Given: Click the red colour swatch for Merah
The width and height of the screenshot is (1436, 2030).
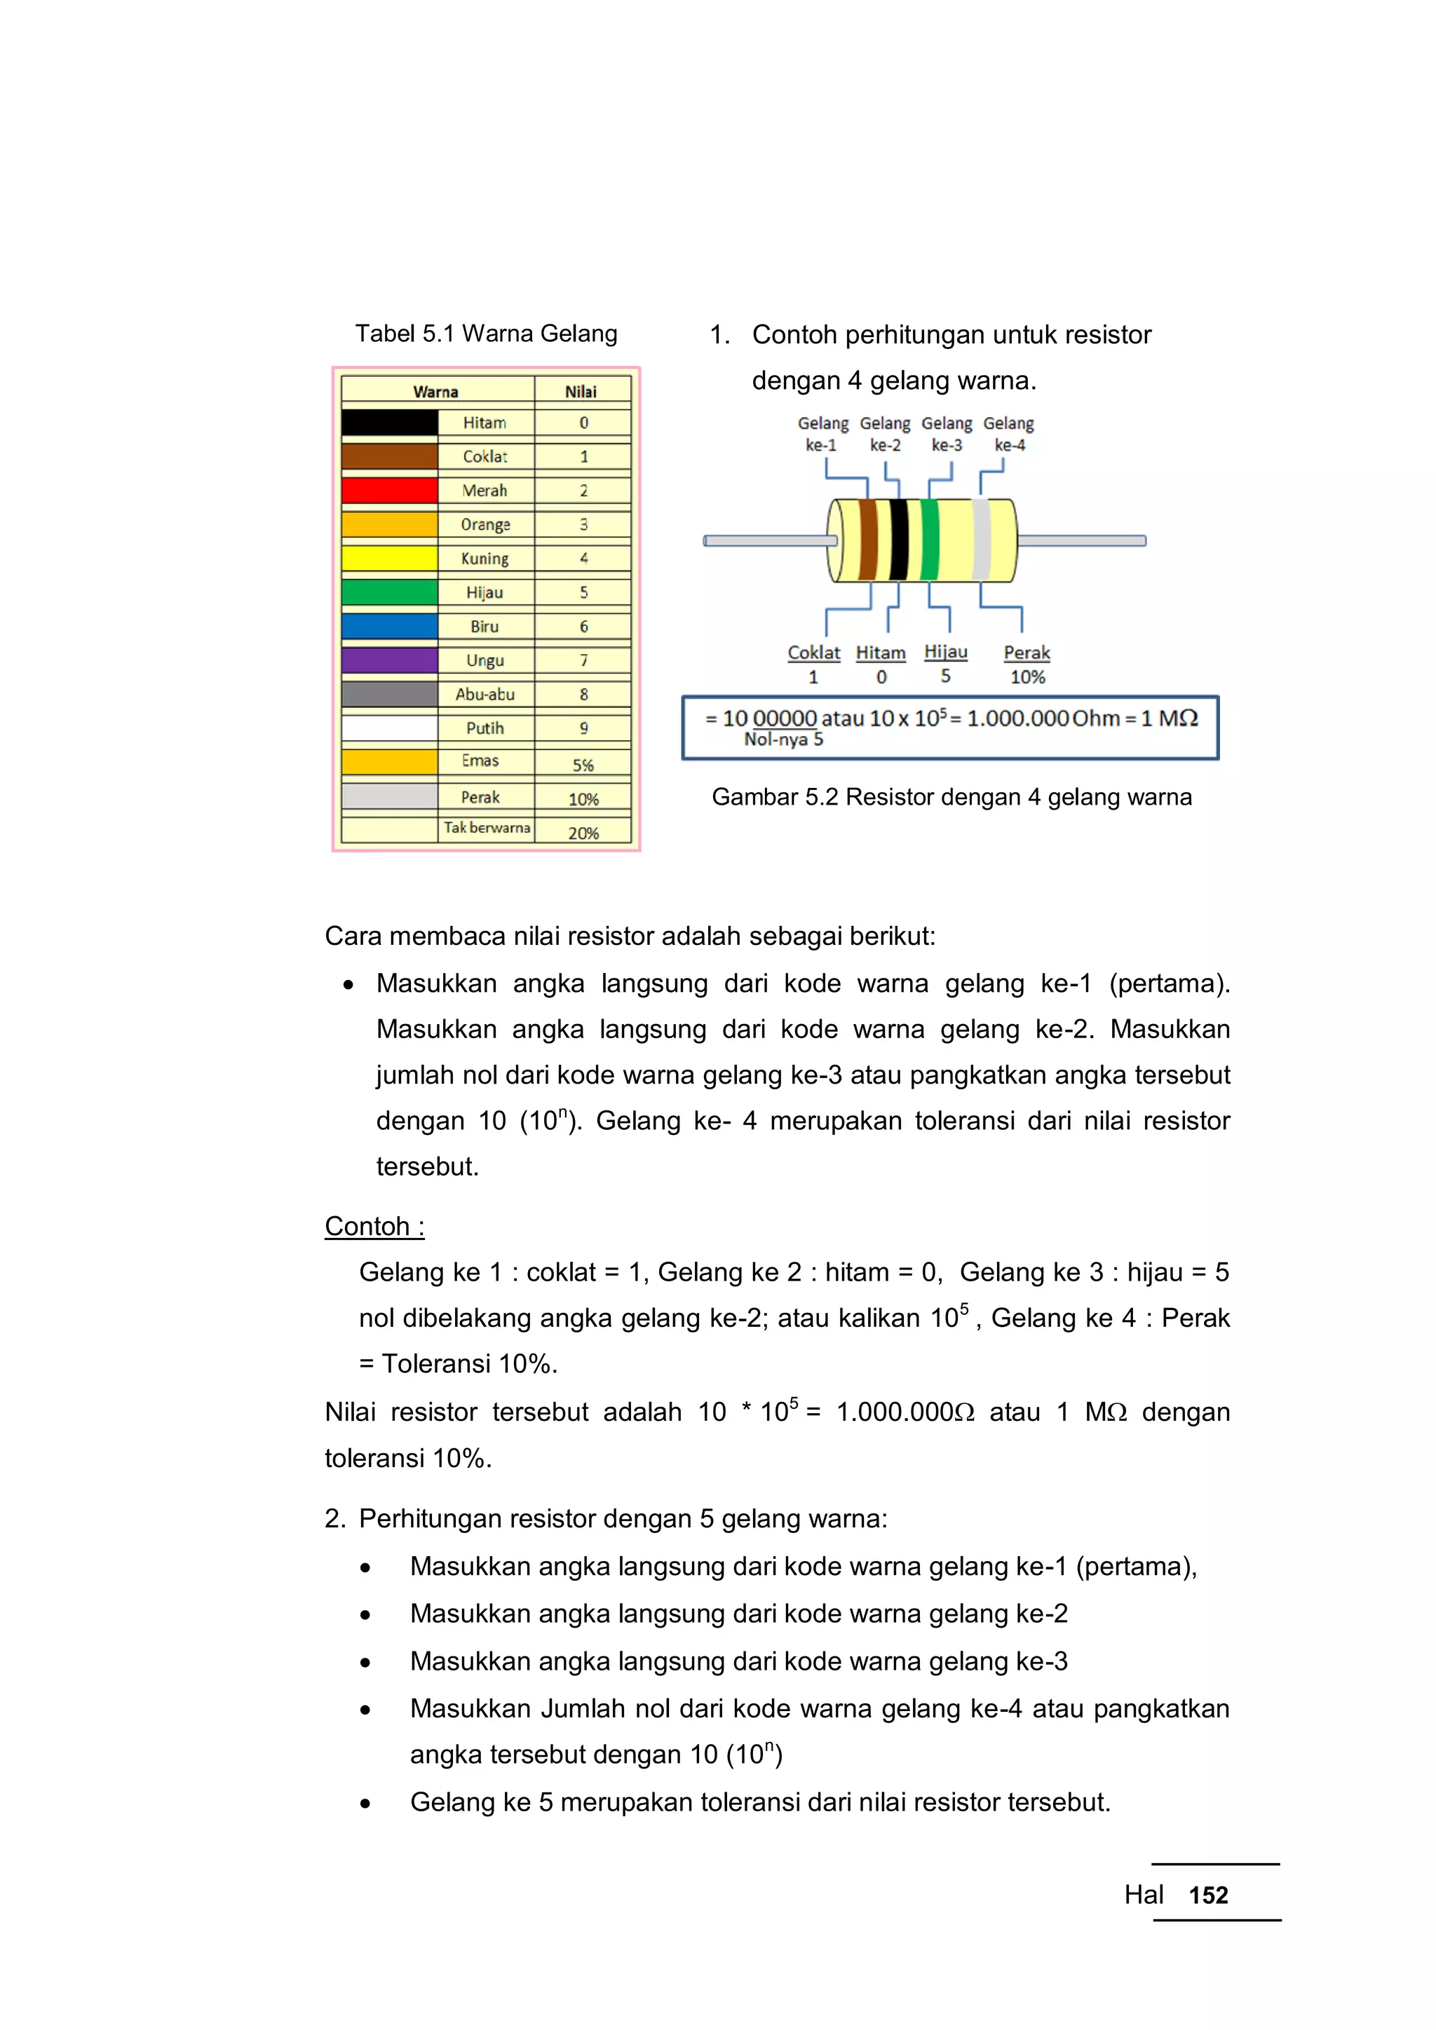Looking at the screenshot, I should pos(389,491).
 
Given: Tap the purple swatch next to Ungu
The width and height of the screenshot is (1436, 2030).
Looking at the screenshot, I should pos(389,660).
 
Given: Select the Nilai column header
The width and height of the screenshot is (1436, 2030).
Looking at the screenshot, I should pos(581,391).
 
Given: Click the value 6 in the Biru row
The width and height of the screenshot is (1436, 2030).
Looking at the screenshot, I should pos(583,627).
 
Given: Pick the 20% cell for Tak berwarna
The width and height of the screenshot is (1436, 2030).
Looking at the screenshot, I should pos(583,833).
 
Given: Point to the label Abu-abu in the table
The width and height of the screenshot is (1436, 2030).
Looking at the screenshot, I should pos(485,694).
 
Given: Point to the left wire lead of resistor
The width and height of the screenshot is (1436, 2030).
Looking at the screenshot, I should pos(765,540).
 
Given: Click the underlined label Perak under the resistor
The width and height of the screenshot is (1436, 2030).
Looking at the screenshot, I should pos(1027,653).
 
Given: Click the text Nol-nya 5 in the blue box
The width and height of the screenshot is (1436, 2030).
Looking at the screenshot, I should pos(783,739).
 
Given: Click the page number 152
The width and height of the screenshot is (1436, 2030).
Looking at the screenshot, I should pos(1208,1895).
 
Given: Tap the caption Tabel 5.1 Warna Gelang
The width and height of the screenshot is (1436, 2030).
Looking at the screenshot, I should pos(487,334).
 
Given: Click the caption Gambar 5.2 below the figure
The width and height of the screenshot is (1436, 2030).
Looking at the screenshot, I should pos(951,796).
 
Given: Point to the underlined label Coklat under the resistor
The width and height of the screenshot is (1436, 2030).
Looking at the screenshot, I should pos(813,653).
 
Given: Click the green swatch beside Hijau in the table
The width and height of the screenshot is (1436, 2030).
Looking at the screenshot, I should pos(389,592).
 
